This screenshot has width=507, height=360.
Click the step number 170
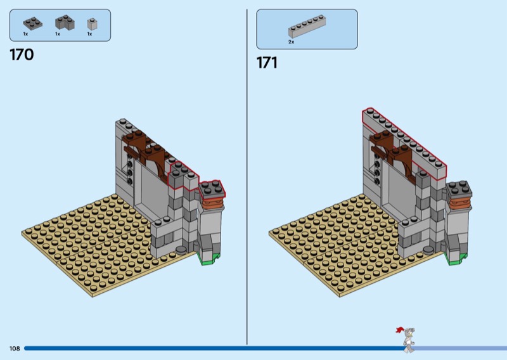click(22, 55)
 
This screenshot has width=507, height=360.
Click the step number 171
click(267, 62)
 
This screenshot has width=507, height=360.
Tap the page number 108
click(15, 349)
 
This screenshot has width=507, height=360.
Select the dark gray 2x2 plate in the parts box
click(33, 23)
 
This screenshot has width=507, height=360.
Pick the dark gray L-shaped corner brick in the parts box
click(65, 23)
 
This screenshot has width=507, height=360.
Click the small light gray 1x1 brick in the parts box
click(92, 24)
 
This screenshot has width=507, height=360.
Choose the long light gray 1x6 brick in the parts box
click(307, 27)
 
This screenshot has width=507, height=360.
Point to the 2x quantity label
click(292, 42)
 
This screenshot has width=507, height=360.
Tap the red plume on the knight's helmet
click(400, 330)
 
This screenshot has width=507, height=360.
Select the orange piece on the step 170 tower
click(212, 203)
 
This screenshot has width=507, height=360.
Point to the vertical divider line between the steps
click(247, 177)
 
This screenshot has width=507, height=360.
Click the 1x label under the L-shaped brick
click(58, 34)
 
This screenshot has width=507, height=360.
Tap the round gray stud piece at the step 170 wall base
click(181, 248)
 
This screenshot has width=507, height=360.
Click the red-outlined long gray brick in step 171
click(404, 144)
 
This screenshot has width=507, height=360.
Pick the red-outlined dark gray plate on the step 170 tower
click(212, 189)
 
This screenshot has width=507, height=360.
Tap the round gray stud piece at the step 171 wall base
click(428, 249)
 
